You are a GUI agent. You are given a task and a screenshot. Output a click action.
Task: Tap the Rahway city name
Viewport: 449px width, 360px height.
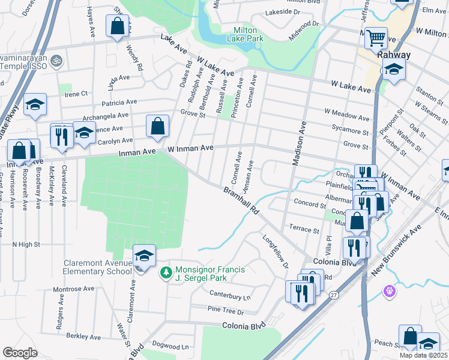pyautogui.click(x=394, y=55)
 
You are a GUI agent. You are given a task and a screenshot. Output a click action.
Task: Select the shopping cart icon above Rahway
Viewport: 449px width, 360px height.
pyautogui.click(x=376, y=39)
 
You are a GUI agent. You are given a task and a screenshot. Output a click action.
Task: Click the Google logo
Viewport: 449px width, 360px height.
pyautogui.click(x=20, y=353)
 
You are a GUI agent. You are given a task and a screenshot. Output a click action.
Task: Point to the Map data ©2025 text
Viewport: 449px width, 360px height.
pyautogui.click(x=423, y=355)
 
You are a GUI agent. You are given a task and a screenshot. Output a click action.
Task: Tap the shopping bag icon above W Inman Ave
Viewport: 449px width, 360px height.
pyautogui.click(x=157, y=127)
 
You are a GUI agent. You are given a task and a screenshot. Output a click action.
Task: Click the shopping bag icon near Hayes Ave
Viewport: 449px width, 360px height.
pyautogui.click(x=117, y=26)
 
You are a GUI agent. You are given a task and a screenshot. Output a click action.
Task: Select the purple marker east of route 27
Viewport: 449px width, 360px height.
pyautogui.click(x=390, y=291)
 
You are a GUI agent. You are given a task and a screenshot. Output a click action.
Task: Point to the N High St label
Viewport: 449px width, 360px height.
pyautogui.click(x=26, y=245)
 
